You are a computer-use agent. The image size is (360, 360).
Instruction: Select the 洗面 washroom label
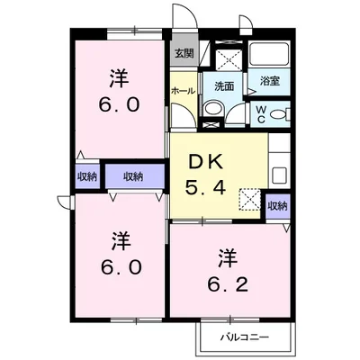[224, 86]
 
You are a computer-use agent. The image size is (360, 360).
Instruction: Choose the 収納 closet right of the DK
[277, 206]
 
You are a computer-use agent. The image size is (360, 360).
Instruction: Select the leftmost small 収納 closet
[86, 176]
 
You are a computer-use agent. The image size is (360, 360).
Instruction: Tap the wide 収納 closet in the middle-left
[132, 176]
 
